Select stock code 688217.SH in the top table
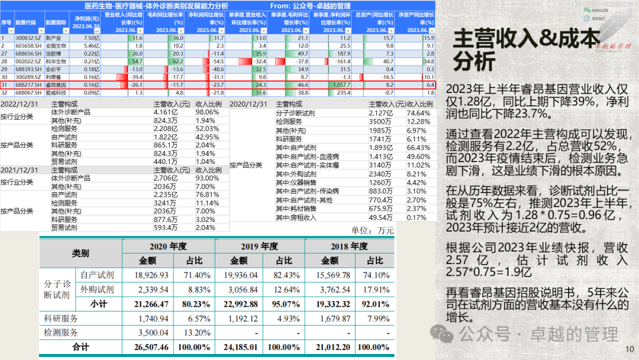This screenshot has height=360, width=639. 27,85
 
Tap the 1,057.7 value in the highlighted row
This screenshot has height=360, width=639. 341,85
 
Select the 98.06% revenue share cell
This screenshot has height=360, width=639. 208,111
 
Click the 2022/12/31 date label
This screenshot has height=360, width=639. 20,104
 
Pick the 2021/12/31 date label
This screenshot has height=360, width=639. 20,170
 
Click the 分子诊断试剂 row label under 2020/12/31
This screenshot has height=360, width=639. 295,112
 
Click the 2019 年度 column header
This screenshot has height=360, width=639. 260,246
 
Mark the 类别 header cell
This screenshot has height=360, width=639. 80,253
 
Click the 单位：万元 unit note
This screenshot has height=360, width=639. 372,231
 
